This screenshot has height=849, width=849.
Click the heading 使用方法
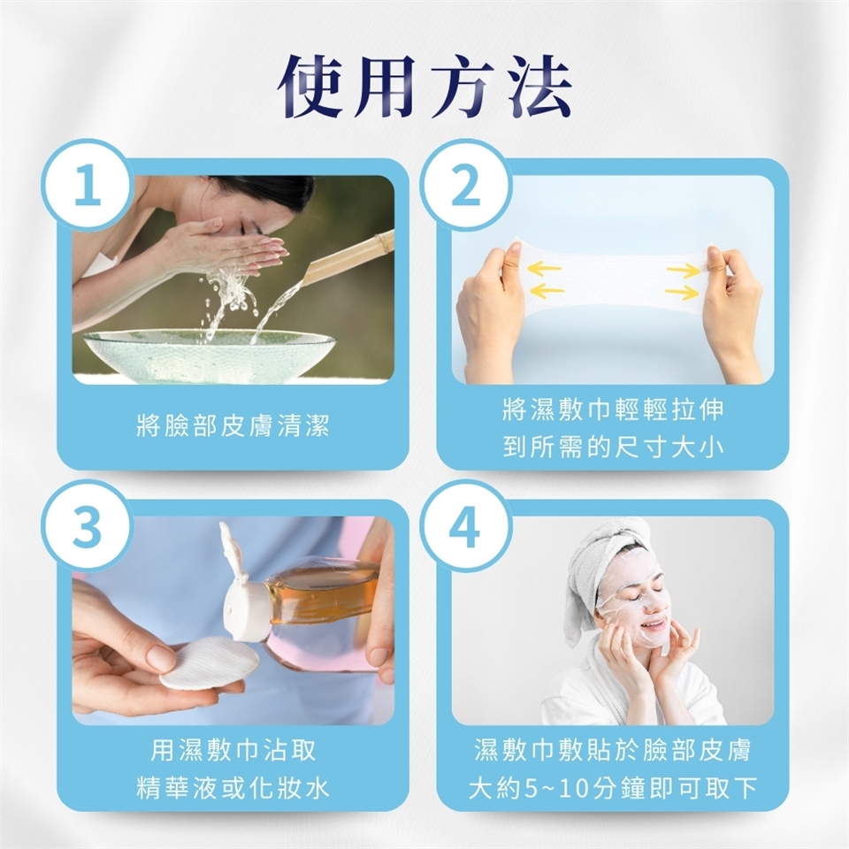coord(424,87)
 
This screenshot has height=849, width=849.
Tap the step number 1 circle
coord(88,185)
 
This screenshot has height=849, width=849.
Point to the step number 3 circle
coord(88,525)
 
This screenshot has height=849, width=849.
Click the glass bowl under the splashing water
coord(210,356)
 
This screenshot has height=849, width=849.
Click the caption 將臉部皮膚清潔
coord(233,425)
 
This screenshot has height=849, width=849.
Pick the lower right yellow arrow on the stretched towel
coord(682,294)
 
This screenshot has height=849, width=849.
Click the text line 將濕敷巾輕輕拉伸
coord(612,409)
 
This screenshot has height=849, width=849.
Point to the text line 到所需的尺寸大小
coord(612,447)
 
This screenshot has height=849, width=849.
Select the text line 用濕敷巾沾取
coord(233,750)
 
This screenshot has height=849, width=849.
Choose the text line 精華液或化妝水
coord(233,788)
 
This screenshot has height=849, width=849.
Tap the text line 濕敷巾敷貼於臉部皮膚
coord(612,750)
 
